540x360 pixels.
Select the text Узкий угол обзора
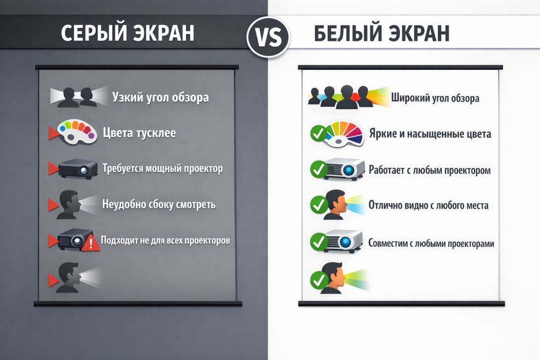(x=160, y=98)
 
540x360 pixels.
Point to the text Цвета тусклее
(x=139, y=133)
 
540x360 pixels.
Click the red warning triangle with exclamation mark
(x=91, y=242)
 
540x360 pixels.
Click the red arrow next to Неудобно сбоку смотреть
(x=53, y=205)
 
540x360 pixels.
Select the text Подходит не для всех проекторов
(x=166, y=240)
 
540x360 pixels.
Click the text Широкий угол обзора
(x=435, y=99)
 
